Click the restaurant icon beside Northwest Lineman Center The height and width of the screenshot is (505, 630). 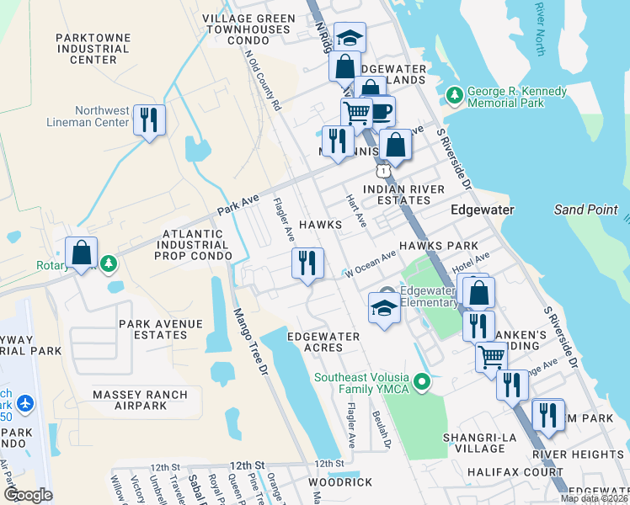(149, 120)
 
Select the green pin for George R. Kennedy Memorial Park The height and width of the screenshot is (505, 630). (455, 95)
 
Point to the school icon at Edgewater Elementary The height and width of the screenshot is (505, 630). (384, 308)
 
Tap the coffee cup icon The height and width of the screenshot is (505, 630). (380, 111)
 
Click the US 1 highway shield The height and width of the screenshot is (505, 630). (384, 171)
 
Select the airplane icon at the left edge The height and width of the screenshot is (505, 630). (23, 405)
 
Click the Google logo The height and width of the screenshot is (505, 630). (29, 494)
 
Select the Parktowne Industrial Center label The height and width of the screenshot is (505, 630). (93, 49)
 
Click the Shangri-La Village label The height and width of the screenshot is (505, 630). (478, 443)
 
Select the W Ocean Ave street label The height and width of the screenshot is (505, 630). (370, 265)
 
